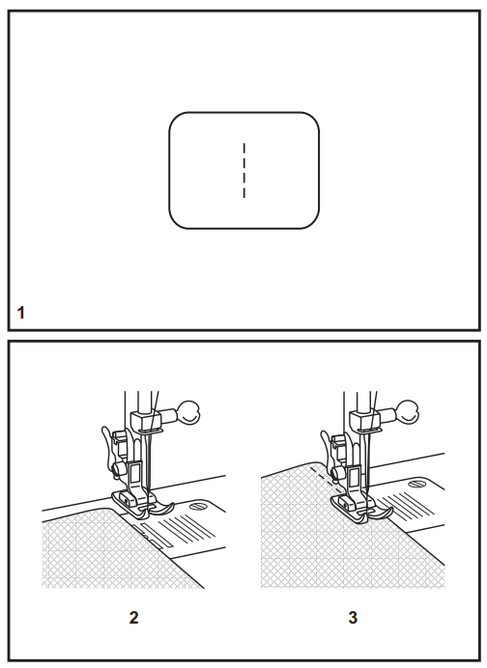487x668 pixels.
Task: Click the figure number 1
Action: (21, 312)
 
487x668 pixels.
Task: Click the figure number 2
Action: (133, 618)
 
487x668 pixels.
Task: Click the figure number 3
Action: (352, 618)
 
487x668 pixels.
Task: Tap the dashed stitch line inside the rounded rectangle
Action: (244, 171)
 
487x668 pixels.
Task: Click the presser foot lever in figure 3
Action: (326, 448)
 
